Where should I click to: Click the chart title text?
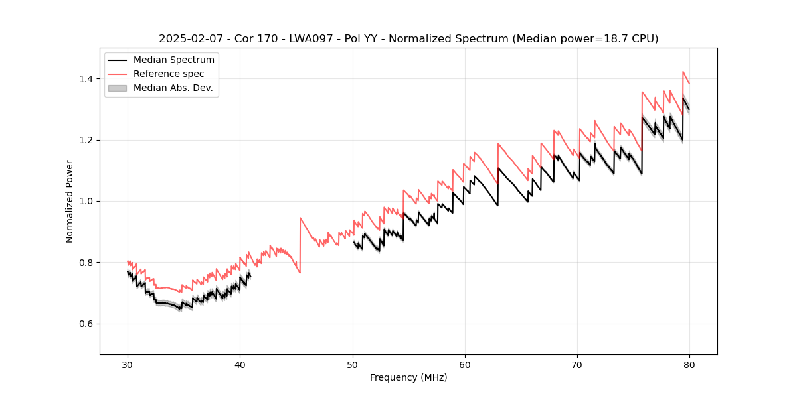pos(408,39)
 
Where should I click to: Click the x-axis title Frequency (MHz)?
pos(408,377)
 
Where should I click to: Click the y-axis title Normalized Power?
pos(70,201)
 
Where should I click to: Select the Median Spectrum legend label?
pos(174,60)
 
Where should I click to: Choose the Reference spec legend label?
pos(169,74)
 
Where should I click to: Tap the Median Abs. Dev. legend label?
pos(173,88)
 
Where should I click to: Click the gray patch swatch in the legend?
pos(118,88)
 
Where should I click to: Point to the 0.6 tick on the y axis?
pos(88,324)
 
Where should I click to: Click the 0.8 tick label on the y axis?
pos(88,263)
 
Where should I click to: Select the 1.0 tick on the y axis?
pos(88,201)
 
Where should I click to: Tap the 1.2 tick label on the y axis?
pos(88,140)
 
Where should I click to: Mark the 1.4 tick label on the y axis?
pos(88,79)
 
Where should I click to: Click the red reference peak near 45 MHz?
pos(300,218)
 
